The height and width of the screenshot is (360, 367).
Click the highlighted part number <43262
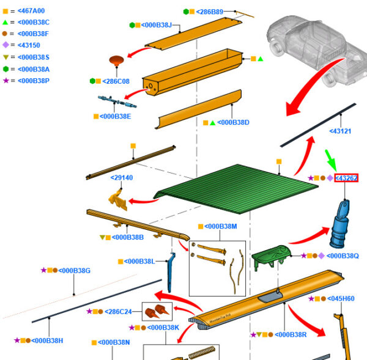tap(346, 178)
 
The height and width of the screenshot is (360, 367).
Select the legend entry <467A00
tap(31, 10)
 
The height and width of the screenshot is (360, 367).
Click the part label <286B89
tap(210, 12)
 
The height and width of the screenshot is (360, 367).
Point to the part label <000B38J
tap(157, 25)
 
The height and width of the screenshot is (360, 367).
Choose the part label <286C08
tap(115, 81)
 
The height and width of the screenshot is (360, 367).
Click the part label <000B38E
tap(115, 116)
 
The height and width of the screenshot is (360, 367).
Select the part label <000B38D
tap(233, 122)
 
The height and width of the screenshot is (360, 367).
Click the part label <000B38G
tap(73, 270)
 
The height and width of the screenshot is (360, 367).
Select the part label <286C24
tap(118, 312)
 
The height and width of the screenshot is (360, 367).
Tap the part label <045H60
tap(340, 298)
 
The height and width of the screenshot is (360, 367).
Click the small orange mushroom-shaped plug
tap(116, 61)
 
